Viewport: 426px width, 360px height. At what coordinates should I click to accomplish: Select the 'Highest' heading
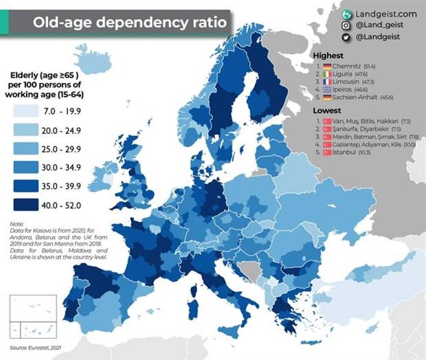pos(328,56)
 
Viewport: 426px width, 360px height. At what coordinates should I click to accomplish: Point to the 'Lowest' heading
pos(326,110)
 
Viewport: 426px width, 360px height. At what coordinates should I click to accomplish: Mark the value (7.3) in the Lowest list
pos(406,121)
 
